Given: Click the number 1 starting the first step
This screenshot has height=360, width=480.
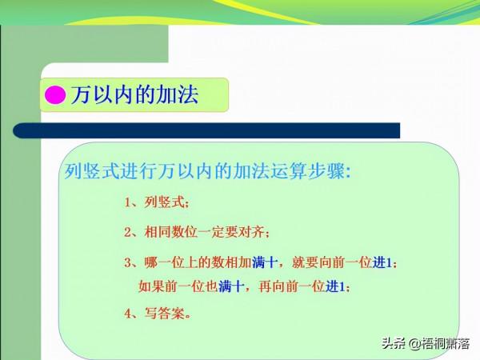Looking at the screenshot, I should click(128, 203).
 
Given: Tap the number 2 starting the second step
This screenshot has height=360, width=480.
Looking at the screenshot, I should click(128, 233).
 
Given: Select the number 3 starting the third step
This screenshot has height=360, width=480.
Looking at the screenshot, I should click(128, 262).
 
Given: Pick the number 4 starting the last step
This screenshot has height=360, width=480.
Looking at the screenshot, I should click(128, 314).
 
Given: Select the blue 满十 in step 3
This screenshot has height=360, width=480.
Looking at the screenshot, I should click(265, 262).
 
